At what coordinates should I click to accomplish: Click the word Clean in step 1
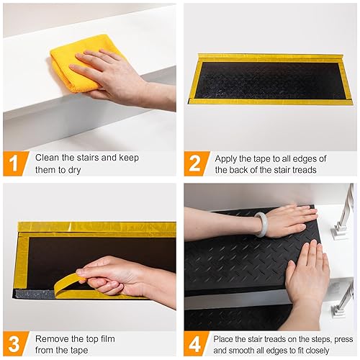click(48, 157)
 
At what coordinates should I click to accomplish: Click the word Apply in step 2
click(229, 157)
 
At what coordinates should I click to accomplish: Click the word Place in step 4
click(228, 336)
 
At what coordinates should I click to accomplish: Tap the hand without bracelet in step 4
click(306, 274)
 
